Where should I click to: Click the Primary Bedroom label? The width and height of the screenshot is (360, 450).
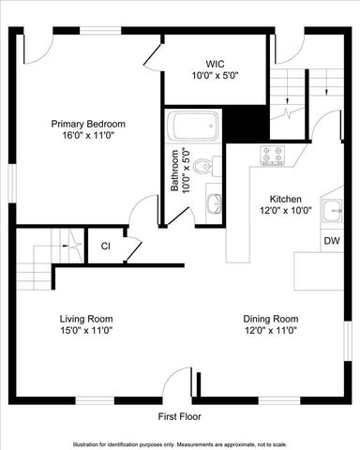coord(87,124)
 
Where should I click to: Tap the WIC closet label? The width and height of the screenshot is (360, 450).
coord(216,63)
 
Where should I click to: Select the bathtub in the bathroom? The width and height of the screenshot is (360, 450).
coord(194,126)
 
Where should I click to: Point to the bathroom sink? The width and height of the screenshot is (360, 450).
coord(215,202)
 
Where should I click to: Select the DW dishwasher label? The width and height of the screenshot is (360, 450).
coord(331,241)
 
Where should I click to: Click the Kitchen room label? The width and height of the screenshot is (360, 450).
coord(286,199)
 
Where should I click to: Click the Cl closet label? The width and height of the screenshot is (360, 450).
coord(106,247)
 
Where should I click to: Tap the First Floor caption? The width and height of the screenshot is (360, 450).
coord(178,416)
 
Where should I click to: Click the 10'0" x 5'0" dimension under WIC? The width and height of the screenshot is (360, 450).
coord(216,75)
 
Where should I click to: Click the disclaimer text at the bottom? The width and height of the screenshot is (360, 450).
coord(180,443)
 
